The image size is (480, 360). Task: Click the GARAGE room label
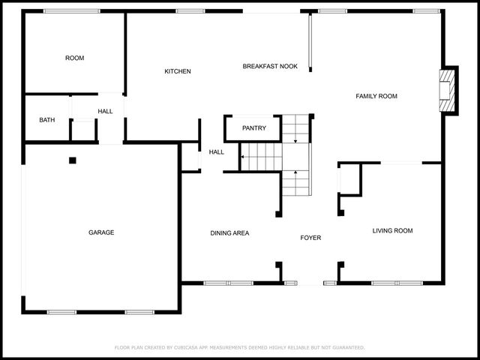[101, 232]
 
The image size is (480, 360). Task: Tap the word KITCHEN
[178, 71]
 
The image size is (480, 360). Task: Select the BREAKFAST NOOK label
[270, 66]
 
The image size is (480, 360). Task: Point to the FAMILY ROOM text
[376, 96]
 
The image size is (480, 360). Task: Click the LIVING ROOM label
[392, 230]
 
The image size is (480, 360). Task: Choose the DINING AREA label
[229, 233]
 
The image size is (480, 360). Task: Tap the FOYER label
[310, 238]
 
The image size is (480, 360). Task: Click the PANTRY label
[253, 128]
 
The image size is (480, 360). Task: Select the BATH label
[47, 120]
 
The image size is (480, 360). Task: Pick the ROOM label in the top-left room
[74, 58]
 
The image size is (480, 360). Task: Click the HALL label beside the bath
[105, 112]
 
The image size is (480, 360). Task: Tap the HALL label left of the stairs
[216, 152]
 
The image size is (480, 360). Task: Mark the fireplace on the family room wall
[448, 90]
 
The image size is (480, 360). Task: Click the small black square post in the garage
[73, 160]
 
